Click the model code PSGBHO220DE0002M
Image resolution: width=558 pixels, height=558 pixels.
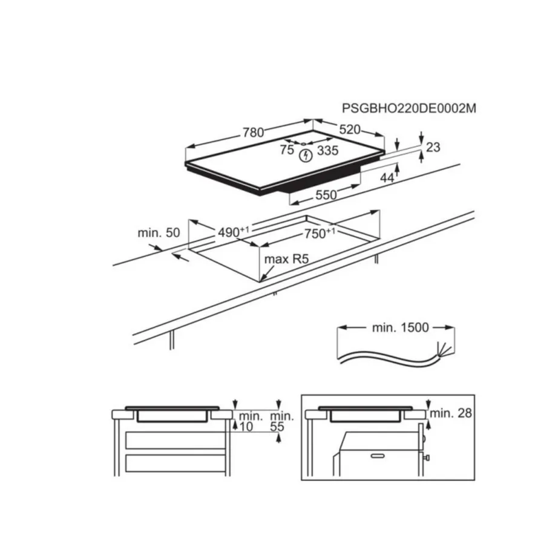pos(410,109)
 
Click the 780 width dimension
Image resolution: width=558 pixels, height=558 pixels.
pos(254,133)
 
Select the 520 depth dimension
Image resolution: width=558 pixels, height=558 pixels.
pos(349,130)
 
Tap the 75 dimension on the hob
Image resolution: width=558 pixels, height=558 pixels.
pos(287,150)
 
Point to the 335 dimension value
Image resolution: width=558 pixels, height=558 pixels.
pos(327,151)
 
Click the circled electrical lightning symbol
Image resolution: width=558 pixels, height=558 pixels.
pos(307,156)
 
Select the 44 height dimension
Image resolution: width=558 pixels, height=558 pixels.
pos(387,178)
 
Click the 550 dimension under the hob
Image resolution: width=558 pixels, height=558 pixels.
pos(326,195)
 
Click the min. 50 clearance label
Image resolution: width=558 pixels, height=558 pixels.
pos(159,232)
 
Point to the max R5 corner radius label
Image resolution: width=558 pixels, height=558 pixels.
pos(287,260)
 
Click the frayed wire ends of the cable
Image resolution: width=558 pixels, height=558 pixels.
pos(447,349)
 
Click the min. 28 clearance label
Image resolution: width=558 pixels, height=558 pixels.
pos(452,413)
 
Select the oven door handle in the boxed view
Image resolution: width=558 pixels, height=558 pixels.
pos(379,453)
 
